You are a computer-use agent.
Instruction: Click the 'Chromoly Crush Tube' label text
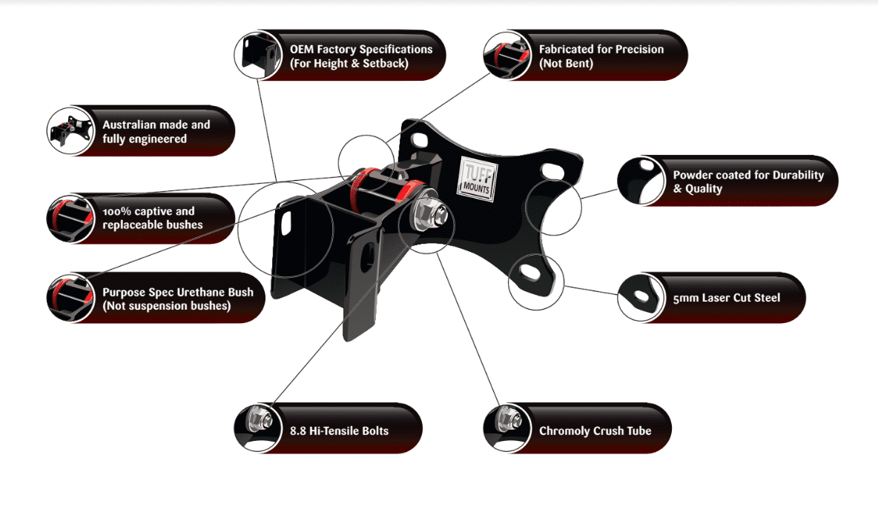tap(595, 431)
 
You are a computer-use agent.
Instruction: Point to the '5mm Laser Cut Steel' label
tap(727, 298)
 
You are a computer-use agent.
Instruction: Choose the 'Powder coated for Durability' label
tap(747, 182)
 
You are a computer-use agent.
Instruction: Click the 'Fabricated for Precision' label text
tap(601, 56)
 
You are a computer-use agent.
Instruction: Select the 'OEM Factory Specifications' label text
tap(360, 56)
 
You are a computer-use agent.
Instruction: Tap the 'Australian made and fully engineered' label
tap(156, 132)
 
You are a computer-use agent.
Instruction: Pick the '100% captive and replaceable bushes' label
tap(152, 218)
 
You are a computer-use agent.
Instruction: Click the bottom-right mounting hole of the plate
tap(532, 273)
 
